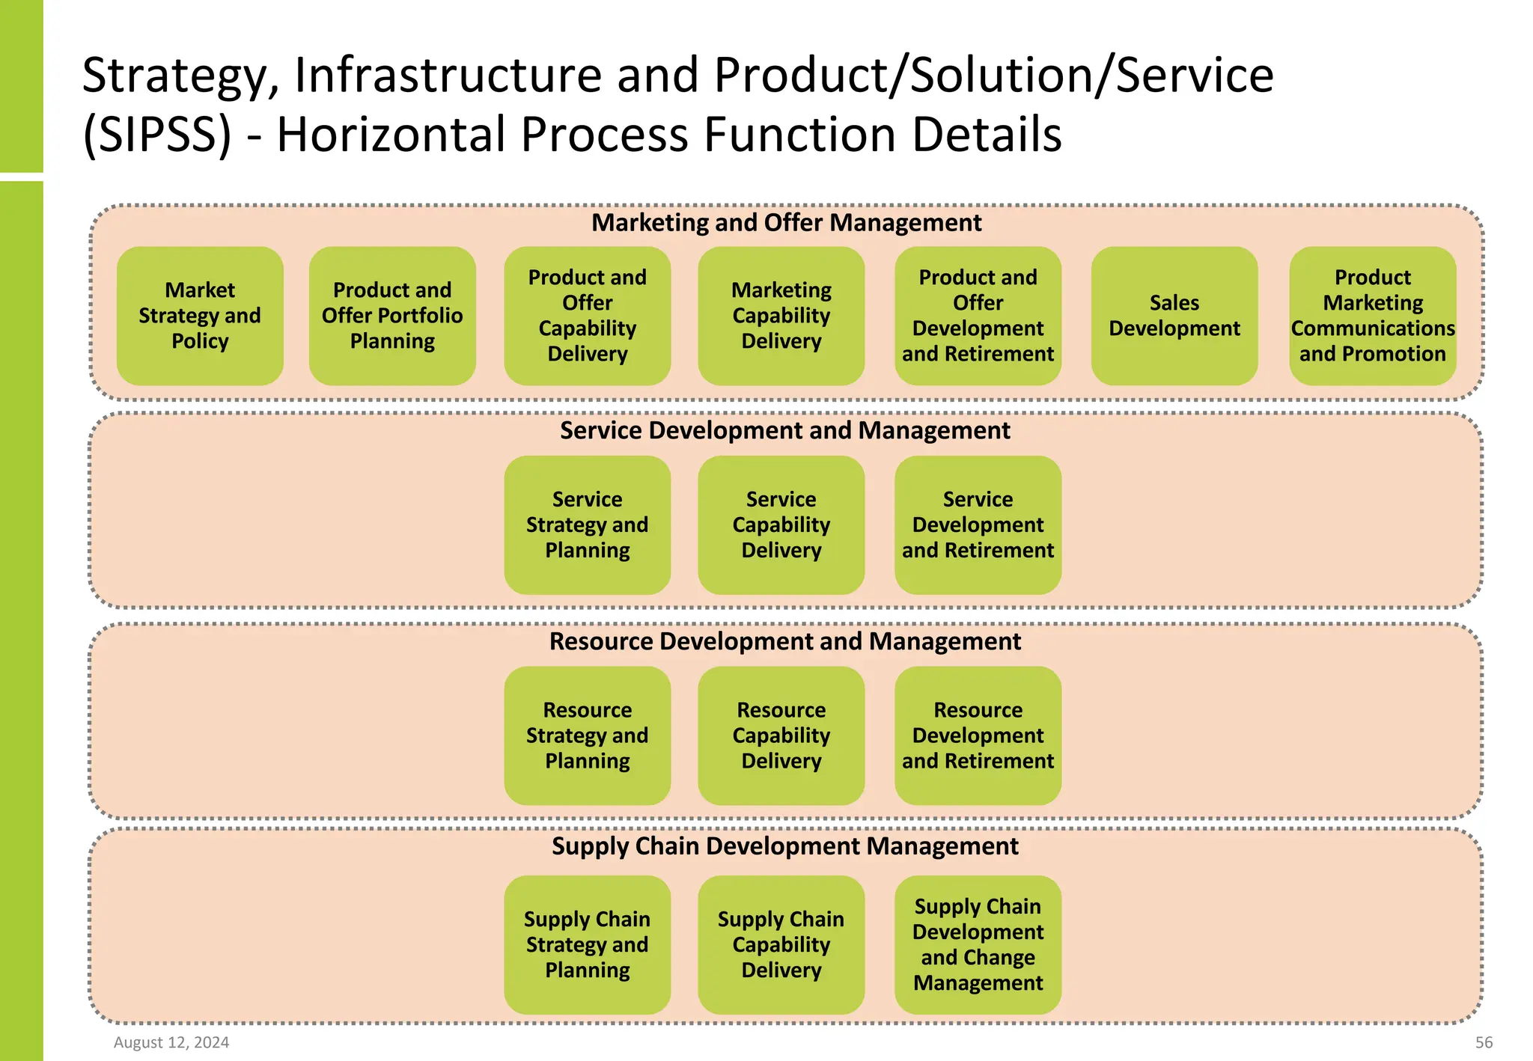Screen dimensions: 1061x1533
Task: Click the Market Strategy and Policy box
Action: point(200,316)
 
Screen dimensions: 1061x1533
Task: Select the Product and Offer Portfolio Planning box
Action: point(392,316)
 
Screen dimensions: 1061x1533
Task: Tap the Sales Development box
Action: point(1174,316)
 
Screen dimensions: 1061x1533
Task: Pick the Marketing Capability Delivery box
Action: point(781,316)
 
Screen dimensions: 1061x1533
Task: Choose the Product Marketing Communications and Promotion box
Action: point(1372,316)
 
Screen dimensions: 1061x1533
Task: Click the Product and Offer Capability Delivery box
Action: point(587,316)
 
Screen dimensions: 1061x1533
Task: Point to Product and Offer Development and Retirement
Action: point(978,316)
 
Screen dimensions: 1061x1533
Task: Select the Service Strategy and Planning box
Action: point(587,525)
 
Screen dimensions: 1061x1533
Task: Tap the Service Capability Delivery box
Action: point(781,525)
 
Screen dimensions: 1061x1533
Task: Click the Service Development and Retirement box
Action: point(978,525)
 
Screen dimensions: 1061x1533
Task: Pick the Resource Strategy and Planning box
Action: point(587,736)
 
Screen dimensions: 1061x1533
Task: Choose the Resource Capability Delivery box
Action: point(781,736)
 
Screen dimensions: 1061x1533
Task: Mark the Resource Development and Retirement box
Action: point(978,736)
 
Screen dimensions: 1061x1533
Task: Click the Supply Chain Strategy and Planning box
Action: point(587,944)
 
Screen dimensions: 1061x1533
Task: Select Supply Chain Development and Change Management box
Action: point(978,944)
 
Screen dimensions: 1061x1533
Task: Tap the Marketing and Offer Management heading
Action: point(786,223)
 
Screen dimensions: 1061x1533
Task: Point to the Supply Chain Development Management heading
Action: point(784,846)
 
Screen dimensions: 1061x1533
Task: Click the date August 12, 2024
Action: point(171,1042)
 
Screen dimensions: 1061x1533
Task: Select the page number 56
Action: point(1484,1042)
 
